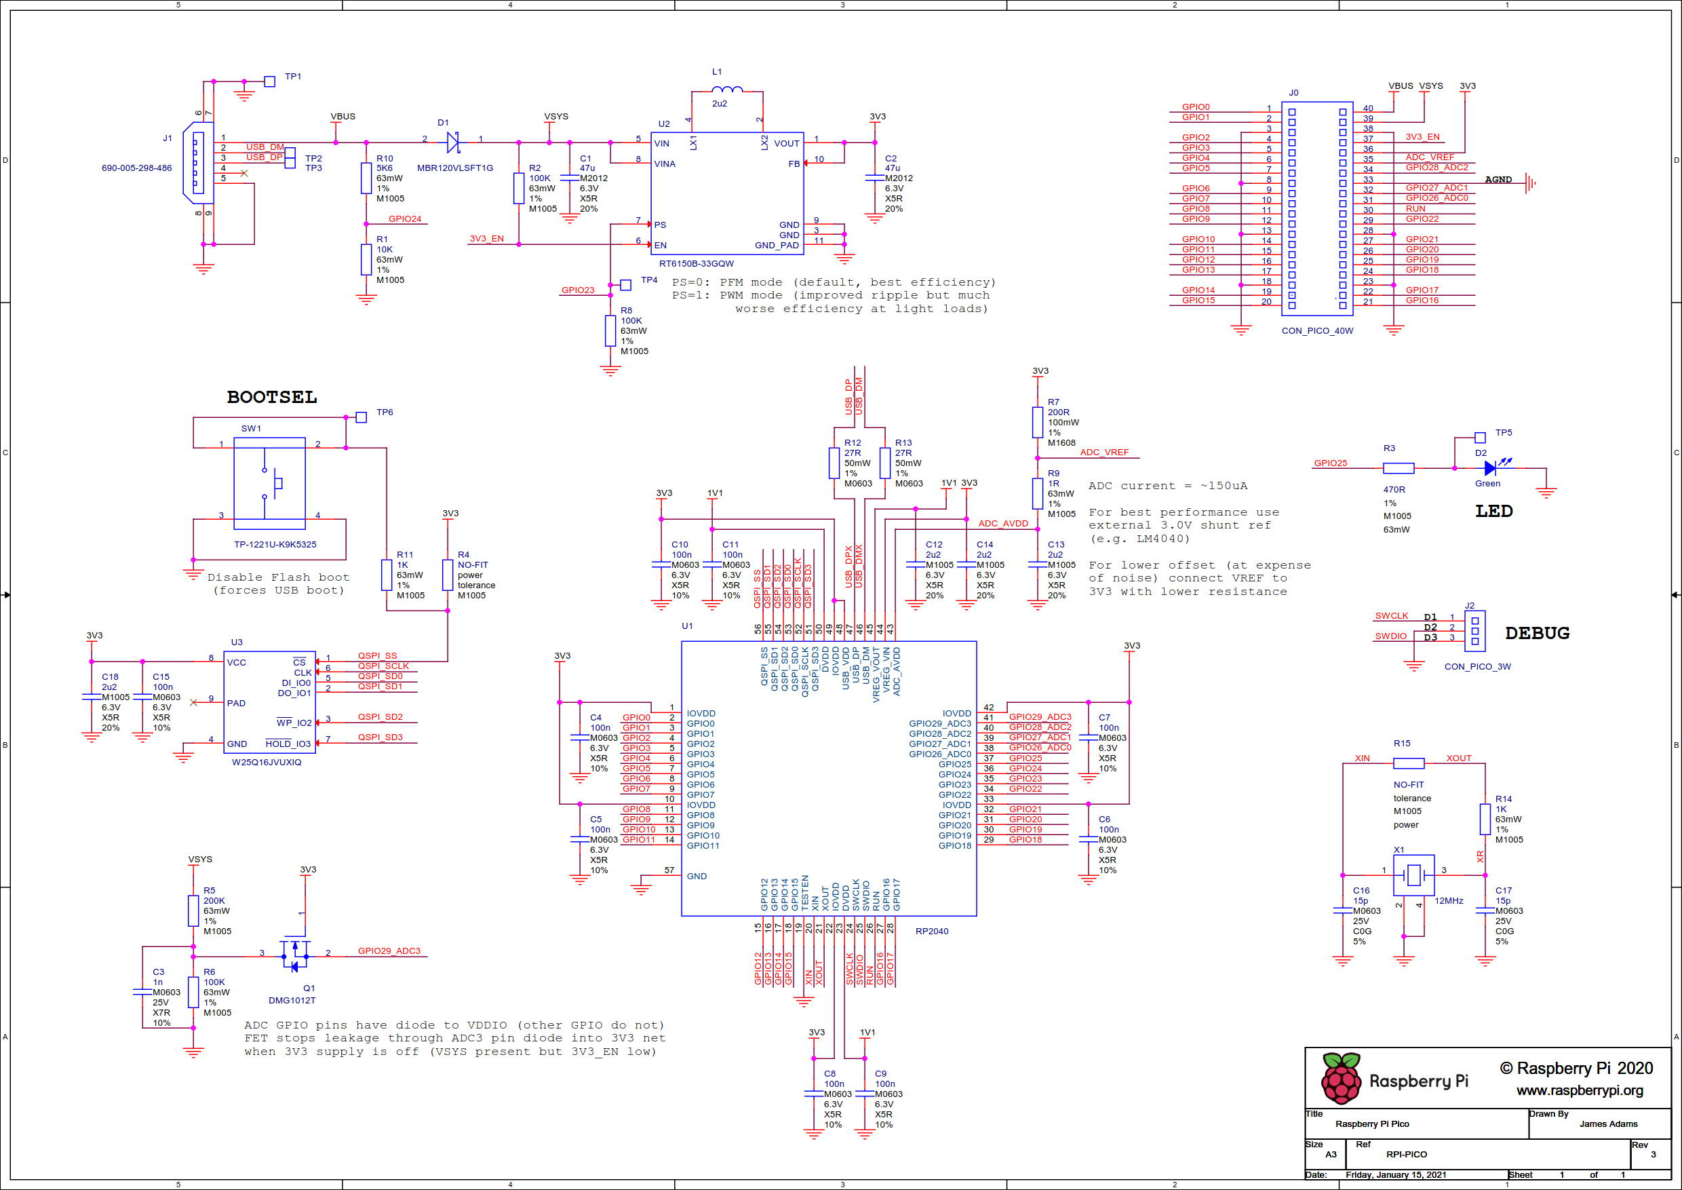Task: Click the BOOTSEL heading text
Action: [x=272, y=397]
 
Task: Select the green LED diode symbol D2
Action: [x=1490, y=467]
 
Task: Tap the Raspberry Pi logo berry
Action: [x=1340, y=1079]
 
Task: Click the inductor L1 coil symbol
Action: [x=726, y=90]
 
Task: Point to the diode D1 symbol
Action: [x=453, y=142]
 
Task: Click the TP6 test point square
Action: [x=361, y=417]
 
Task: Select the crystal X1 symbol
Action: [x=1413, y=874]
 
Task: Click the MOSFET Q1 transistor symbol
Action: [x=295, y=955]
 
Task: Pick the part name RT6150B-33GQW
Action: [x=696, y=264]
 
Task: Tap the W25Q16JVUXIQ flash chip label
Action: [x=267, y=762]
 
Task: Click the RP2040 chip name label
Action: [x=932, y=932]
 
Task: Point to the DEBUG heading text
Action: [x=1537, y=633]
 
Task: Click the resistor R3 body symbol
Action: [x=1399, y=467]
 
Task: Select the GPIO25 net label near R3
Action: [x=1331, y=463]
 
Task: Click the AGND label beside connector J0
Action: [x=1498, y=180]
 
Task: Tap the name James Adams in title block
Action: [x=1608, y=1124]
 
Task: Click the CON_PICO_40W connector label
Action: [x=1317, y=331]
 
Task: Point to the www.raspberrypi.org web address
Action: [x=1580, y=1090]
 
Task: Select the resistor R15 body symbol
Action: [x=1408, y=763]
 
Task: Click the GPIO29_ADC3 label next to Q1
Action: [x=389, y=951]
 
